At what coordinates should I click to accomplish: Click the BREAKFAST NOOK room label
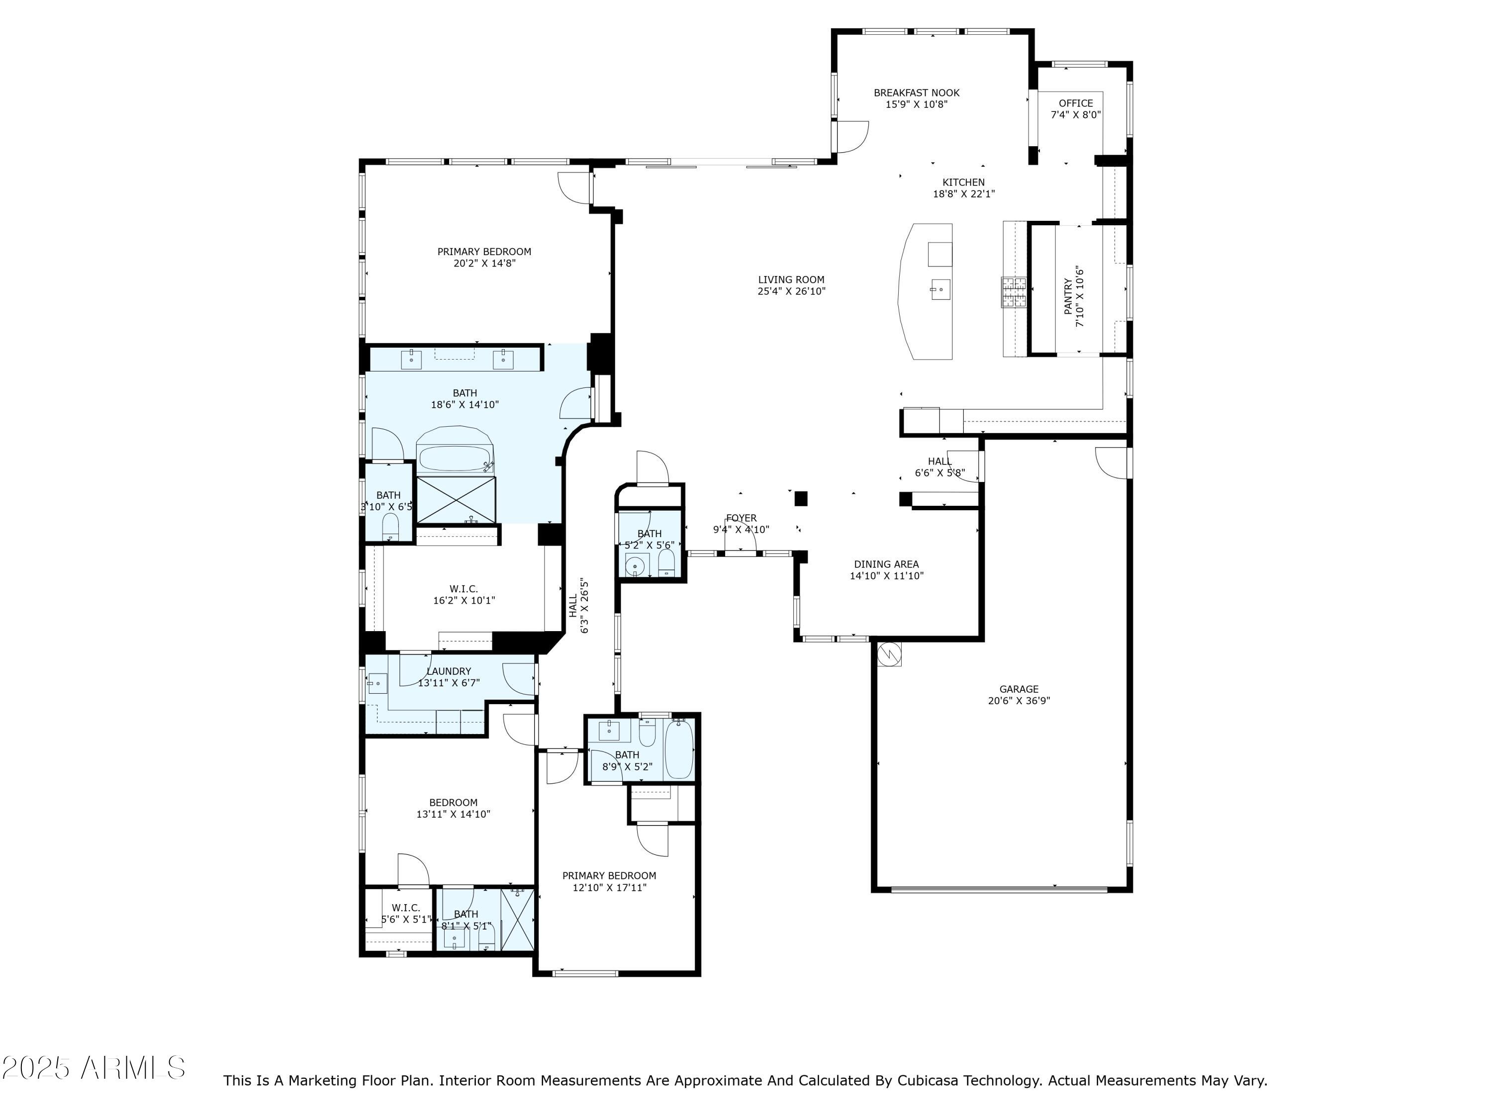click(x=916, y=93)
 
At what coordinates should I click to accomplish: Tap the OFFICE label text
click(x=1075, y=103)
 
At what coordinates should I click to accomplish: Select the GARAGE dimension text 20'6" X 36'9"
click(x=1019, y=701)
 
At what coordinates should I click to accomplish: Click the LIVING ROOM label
click(x=791, y=280)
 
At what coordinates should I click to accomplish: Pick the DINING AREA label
click(x=886, y=564)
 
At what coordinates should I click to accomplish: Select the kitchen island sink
click(x=940, y=290)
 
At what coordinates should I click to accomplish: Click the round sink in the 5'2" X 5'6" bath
click(x=635, y=565)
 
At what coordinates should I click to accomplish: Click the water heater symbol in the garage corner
click(x=889, y=653)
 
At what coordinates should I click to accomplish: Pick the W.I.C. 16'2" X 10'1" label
click(x=464, y=595)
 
